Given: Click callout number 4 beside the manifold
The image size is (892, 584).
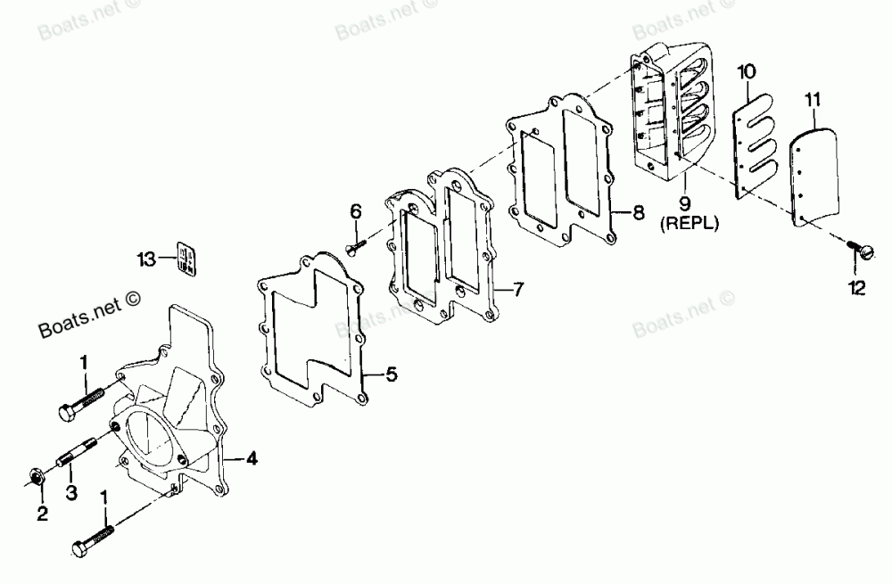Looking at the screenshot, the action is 252,459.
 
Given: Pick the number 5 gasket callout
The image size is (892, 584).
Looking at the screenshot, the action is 391,375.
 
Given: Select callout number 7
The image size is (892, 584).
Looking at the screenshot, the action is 519,290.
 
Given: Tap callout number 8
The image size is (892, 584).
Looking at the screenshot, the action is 638,213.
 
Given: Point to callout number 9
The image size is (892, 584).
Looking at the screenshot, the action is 686,205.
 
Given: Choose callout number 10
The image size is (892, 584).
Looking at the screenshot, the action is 747,69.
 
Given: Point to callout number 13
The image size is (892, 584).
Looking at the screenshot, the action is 146,259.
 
